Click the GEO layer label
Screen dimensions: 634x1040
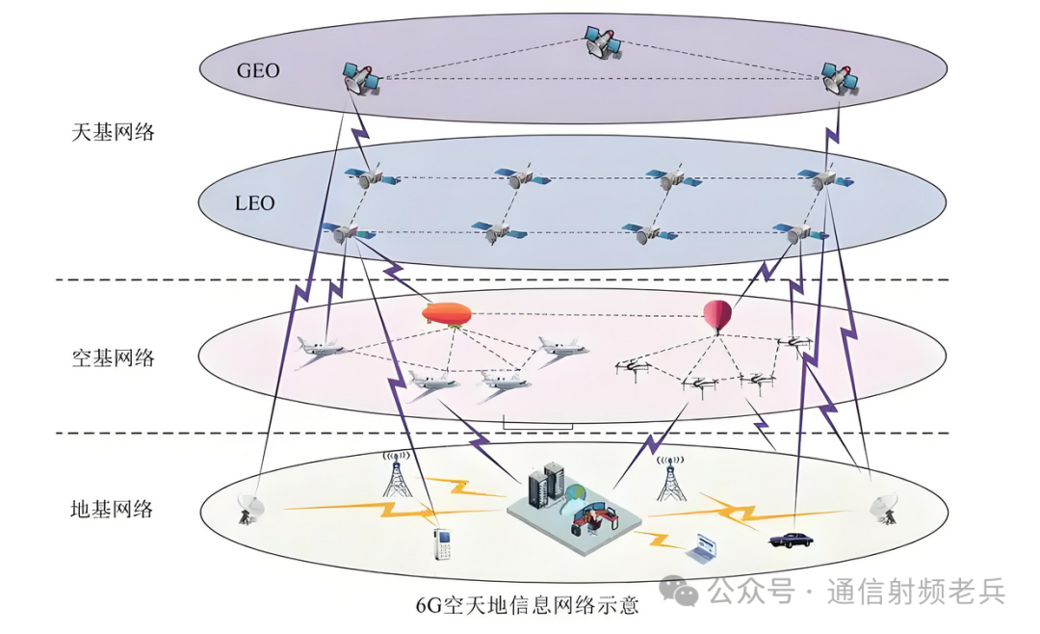click(258, 70)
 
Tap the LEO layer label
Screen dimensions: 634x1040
click(254, 203)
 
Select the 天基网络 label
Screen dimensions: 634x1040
click(113, 132)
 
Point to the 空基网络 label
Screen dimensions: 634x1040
click(113, 358)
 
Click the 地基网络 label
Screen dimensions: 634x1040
click(113, 509)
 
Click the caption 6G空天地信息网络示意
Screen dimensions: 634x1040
click(527, 605)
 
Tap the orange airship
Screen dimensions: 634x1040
click(447, 314)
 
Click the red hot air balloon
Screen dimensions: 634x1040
click(717, 315)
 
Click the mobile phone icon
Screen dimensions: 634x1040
click(442, 544)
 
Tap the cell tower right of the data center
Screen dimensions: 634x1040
click(670, 479)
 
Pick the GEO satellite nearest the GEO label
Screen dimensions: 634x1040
click(361, 78)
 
